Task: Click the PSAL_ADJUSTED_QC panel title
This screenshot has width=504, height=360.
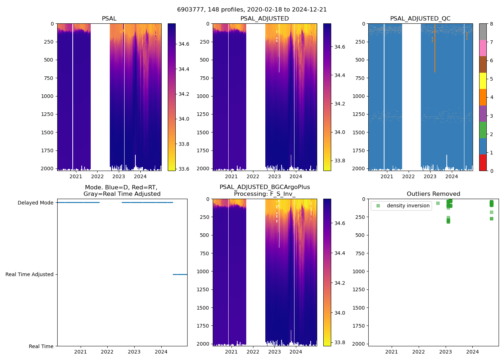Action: pyautogui.click(x=420, y=19)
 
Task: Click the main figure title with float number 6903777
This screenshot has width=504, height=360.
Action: pyautogui.click(x=252, y=10)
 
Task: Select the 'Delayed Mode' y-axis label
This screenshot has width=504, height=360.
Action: pyautogui.click(x=35, y=203)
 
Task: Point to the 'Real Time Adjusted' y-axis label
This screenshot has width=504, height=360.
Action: pyautogui.click(x=29, y=274)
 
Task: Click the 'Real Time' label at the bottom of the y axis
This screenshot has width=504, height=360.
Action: pyautogui.click(x=41, y=346)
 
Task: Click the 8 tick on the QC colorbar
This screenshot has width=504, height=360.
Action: pyautogui.click(x=491, y=24)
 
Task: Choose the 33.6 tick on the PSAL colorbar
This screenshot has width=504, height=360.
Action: pyautogui.click(x=184, y=169)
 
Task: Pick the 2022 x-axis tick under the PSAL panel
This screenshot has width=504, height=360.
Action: pyautogui.click(x=97, y=176)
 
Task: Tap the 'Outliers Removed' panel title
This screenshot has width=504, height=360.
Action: pyautogui.click(x=433, y=194)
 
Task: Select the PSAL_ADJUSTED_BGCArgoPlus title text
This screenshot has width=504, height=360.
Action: pyautogui.click(x=265, y=187)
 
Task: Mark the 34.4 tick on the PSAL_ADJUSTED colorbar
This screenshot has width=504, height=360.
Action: pyautogui.click(x=340, y=75)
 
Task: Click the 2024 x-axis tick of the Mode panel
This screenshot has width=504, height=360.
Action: pyautogui.click(x=161, y=352)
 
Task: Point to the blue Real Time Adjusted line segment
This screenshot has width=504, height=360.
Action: pyautogui.click(x=180, y=274)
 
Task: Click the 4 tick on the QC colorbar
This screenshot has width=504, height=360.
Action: pyautogui.click(x=491, y=97)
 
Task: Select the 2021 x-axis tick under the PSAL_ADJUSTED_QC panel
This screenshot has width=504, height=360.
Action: pyautogui.click(x=387, y=176)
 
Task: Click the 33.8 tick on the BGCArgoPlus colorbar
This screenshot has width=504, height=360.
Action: pyautogui.click(x=340, y=342)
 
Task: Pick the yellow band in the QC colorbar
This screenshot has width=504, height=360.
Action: pyautogui.click(x=483, y=81)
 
